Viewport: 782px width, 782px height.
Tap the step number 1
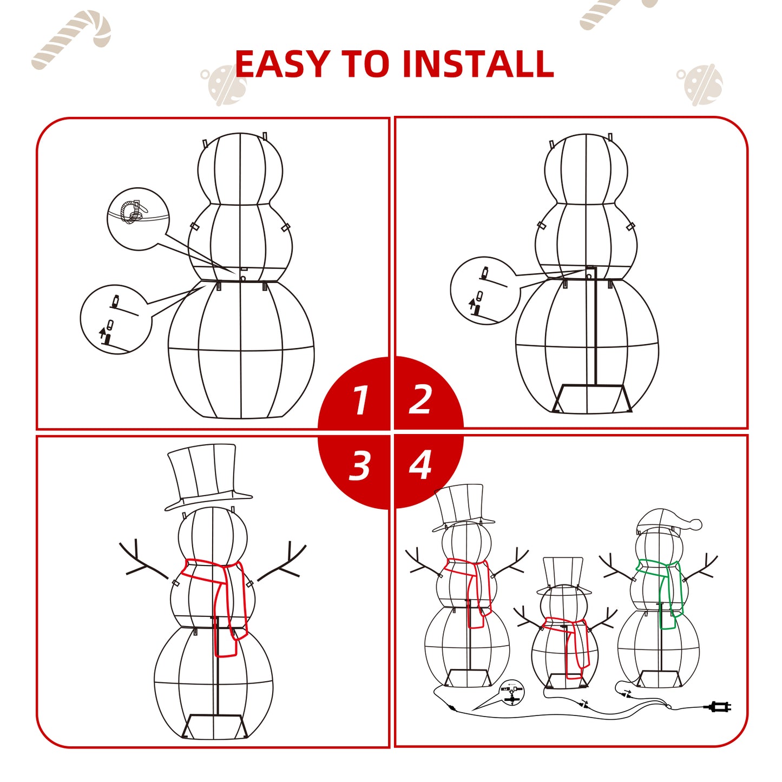coord(360,400)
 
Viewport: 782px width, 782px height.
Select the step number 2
coord(419,399)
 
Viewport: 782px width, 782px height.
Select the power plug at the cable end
coord(720,707)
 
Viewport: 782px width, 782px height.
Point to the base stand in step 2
coord(593,398)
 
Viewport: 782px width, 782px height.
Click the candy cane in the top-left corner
coord(71,40)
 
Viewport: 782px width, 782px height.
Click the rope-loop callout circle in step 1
coord(139,219)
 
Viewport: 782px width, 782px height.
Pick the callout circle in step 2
coord(484,291)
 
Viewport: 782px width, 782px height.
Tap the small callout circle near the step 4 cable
coord(512,693)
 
